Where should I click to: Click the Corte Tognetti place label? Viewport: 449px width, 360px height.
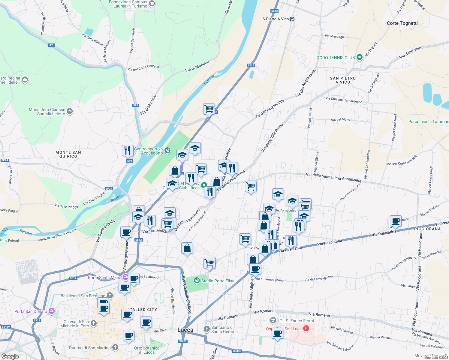[x=402, y=23]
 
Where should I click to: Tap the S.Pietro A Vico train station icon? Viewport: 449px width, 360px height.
[x=292, y=19]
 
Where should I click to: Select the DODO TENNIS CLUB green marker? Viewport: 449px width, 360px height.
[x=359, y=57]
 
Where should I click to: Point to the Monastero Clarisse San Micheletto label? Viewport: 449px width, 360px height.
[x=47, y=112]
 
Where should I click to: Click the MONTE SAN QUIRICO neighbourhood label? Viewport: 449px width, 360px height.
[x=68, y=154]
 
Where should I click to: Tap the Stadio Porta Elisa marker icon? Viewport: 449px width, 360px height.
[x=197, y=280]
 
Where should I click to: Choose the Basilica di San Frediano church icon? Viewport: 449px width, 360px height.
[x=110, y=295]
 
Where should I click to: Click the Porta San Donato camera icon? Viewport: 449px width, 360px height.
[x=52, y=311]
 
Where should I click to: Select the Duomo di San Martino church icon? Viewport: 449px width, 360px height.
[x=115, y=347]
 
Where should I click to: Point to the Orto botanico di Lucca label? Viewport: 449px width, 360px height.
[x=147, y=350]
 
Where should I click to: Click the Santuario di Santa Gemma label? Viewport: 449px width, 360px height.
[x=224, y=329]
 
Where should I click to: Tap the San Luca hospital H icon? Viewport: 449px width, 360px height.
[x=306, y=328]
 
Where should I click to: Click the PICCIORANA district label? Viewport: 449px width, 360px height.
[x=427, y=229]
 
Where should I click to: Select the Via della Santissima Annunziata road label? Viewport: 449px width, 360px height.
[x=333, y=177]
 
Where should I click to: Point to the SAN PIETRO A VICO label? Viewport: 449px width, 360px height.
[x=343, y=80]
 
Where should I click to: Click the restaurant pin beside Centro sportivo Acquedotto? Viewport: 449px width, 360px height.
[x=128, y=150]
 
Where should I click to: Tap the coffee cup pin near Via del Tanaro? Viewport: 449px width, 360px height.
[x=396, y=221]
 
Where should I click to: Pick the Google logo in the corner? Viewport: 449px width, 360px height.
[x=10, y=356]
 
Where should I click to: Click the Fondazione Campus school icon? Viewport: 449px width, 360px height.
[x=152, y=4]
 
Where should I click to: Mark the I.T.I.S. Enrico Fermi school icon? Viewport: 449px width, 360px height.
[x=273, y=320]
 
